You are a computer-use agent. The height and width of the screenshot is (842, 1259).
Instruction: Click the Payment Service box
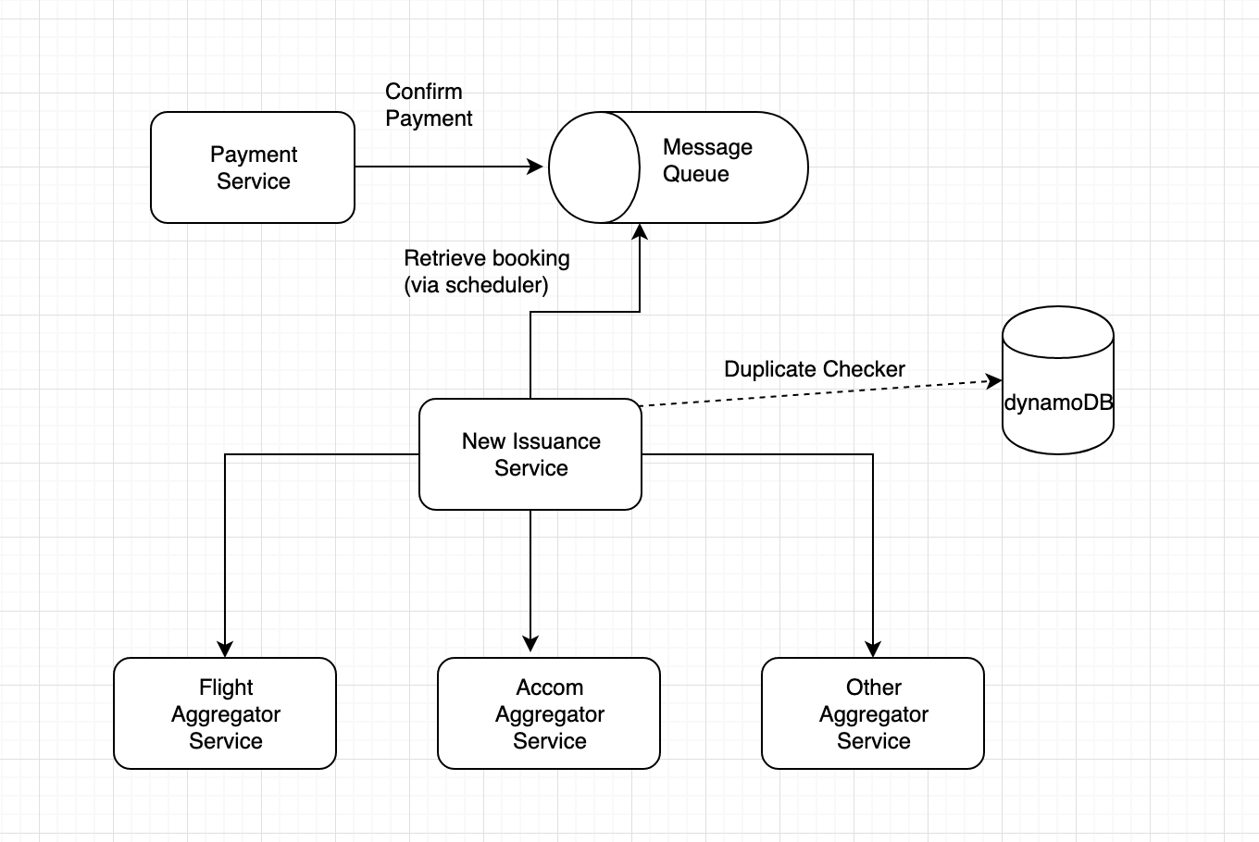tap(253, 167)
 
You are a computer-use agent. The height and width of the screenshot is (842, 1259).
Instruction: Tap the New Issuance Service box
tap(530, 454)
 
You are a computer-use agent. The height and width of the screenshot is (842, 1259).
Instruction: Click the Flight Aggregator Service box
tap(225, 713)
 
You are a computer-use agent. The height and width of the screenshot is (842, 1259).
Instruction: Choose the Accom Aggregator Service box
tap(549, 713)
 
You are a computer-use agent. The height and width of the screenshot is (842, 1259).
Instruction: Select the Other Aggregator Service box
tap(873, 713)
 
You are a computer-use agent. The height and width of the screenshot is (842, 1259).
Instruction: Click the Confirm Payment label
tap(429, 105)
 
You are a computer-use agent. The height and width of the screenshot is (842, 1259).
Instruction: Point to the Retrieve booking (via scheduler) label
tap(487, 271)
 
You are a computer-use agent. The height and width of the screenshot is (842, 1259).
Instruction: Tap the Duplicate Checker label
tap(815, 369)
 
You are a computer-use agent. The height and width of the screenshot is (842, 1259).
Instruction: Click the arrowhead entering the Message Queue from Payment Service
tap(535, 167)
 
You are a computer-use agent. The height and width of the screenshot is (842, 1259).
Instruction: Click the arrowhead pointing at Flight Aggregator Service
tap(225, 650)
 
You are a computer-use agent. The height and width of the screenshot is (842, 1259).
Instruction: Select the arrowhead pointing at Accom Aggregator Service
tap(530, 644)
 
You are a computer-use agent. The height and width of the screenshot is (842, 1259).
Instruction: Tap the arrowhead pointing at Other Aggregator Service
tap(873, 650)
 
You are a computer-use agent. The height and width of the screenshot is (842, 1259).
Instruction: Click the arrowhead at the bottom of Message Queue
tap(640, 230)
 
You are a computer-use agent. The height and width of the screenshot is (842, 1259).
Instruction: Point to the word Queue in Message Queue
tap(695, 174)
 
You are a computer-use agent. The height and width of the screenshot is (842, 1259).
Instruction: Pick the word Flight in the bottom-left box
tap(226, 687)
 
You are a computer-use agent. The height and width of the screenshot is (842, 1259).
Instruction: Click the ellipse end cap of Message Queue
tap(594, 167)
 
